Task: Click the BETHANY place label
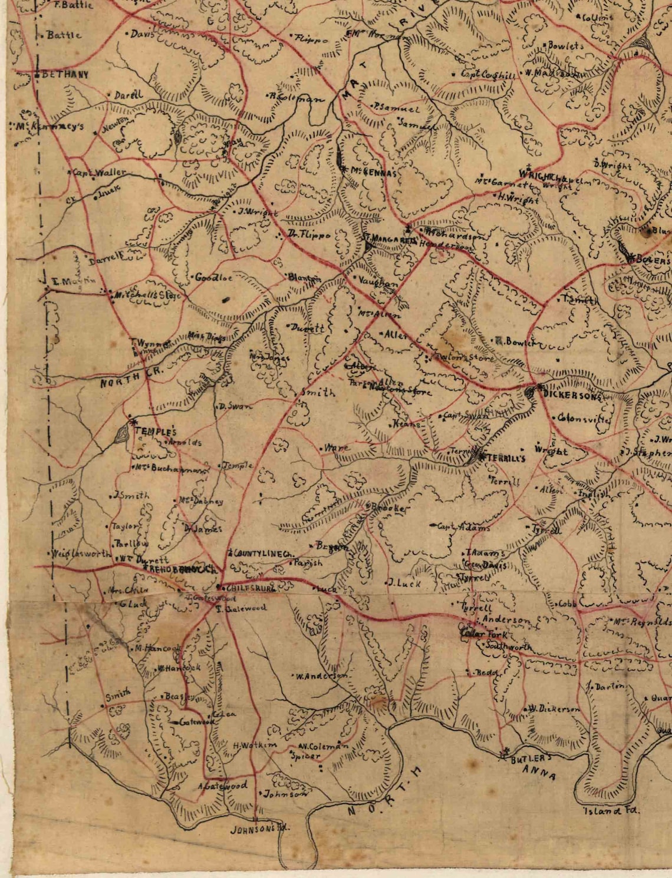(64, 75)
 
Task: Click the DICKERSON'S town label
(571, 396)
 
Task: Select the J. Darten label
(608, 687)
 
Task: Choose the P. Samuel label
(396, 108)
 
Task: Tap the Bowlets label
(565, 45)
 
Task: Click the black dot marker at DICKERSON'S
(530, 390)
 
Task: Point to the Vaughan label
(378, 283)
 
